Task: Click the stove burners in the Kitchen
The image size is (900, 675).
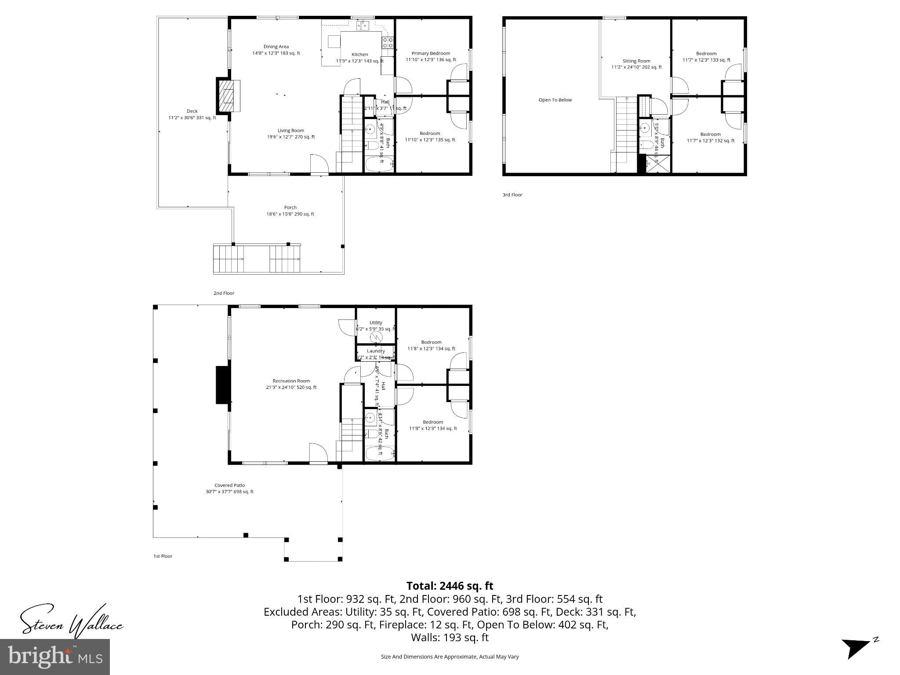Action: pyautogui.click(x=388, y=43)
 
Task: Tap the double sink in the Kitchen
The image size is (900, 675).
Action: pyautogui.click(x=362, y=26)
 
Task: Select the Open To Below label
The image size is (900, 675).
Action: pyautogui.click(x=555, y=100)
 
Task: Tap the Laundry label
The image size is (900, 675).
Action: pyautogui.click(x=376, y=351)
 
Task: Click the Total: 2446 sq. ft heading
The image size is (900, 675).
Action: pyautogui.click(x=450, y=586)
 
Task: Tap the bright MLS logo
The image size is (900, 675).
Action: pyautogui.click(x=55, y=657)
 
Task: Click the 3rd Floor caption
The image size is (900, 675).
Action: pyautogui.click(x=512, y=195)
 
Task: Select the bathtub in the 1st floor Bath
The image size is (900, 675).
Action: pyautogui.click(x=380, y=454)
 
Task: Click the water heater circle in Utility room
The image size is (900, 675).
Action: pyautogui.click(x=376, y=337)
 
